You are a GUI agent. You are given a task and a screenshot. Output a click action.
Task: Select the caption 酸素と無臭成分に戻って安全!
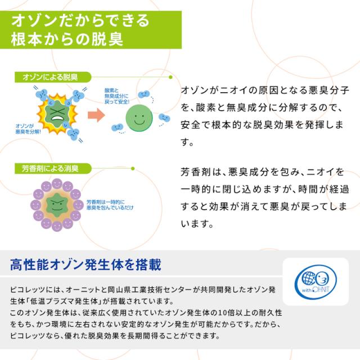(118, 98)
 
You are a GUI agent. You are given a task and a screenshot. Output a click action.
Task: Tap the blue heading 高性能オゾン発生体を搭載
(85, 263)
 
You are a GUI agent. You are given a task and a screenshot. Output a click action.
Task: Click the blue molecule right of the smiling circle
(165, 118)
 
